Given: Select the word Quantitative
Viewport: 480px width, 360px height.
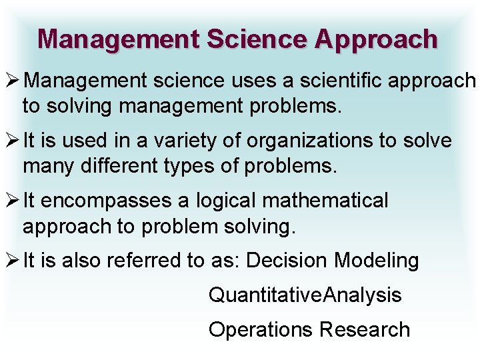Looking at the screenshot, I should (265, 295).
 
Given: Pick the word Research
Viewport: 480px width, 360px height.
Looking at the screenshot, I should (365, 329).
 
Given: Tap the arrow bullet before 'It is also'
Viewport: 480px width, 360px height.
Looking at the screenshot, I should (12, 260).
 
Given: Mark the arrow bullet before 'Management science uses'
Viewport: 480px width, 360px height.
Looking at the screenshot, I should (12, 82).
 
